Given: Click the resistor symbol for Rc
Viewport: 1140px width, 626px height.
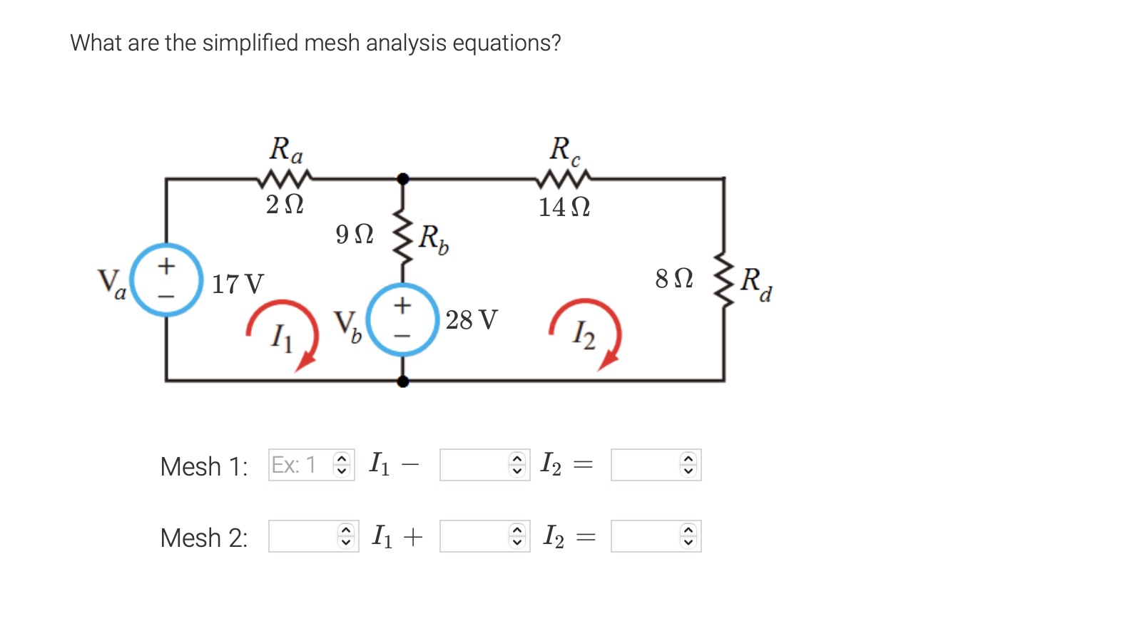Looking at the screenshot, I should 566,177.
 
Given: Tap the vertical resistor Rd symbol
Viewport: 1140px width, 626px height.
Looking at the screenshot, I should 724,279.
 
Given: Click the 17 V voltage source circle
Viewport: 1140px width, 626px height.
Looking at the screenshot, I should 166,279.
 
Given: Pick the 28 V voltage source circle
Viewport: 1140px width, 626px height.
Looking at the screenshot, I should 403,319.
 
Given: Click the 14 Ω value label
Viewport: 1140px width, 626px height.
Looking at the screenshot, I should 564,207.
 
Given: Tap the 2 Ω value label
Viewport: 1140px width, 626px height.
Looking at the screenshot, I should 285,205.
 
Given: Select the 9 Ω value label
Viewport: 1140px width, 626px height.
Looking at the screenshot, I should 355,234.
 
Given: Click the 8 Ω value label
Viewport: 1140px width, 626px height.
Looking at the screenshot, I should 674,278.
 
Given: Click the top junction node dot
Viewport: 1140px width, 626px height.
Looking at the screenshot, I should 403,178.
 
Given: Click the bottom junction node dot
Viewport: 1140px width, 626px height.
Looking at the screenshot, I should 403,381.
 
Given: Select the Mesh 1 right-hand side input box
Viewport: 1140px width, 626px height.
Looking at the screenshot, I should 646,465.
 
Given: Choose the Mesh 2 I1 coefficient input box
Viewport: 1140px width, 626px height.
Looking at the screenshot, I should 303,536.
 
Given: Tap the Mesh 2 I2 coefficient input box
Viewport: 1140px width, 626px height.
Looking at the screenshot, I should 474,536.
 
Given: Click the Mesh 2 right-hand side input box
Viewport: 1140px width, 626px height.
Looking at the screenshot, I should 646,536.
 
